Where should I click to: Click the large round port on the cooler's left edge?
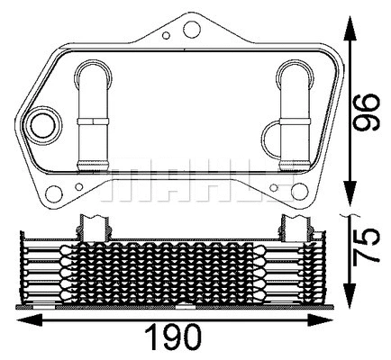42,122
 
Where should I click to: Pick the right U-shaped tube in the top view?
293,112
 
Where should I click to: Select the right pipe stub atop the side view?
293,224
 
